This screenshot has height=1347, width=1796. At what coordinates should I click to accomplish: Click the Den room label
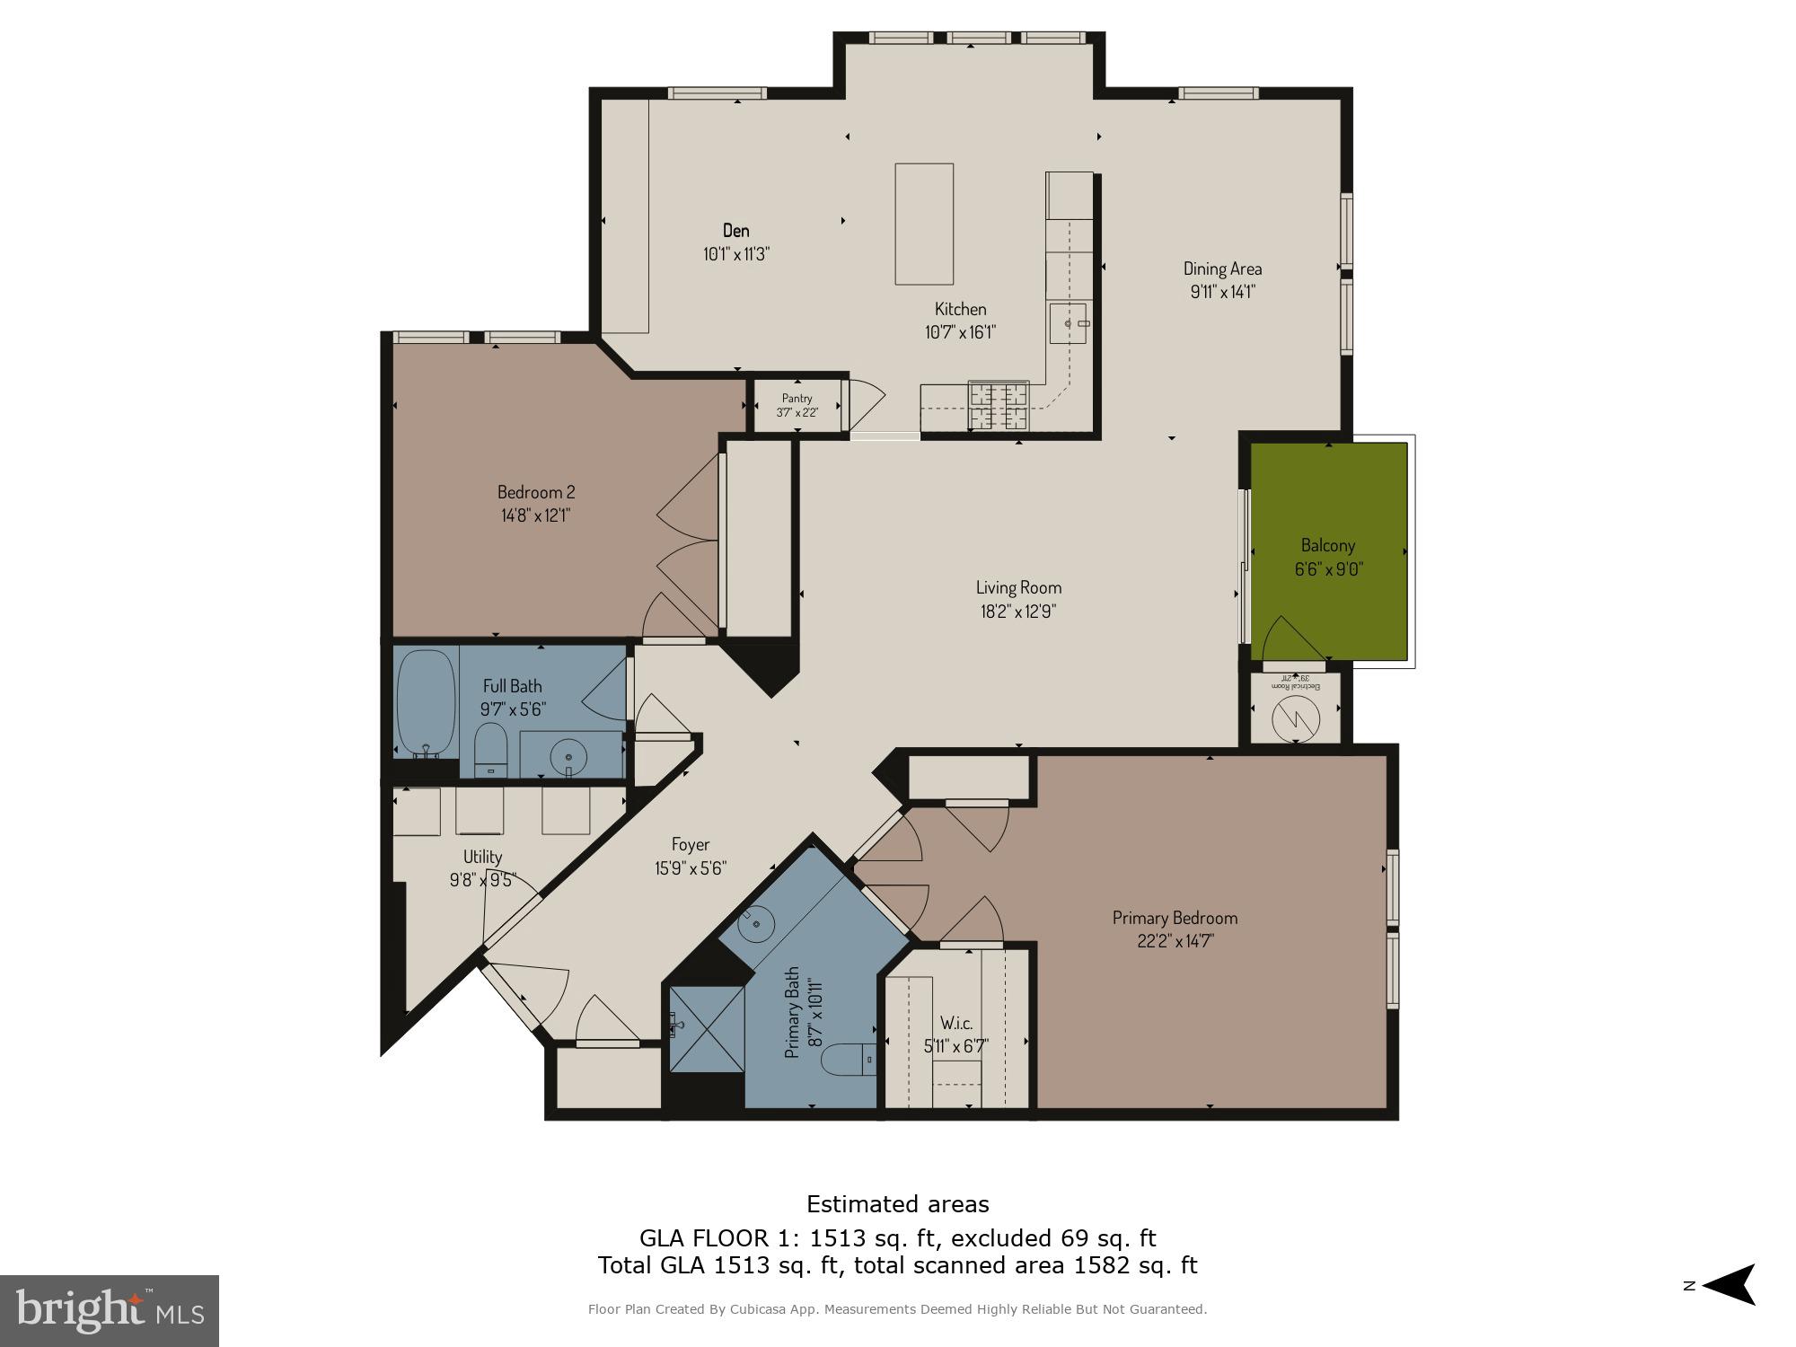735,231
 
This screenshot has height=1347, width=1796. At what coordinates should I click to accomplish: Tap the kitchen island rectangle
923,224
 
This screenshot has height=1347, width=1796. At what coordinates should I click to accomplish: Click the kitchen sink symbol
1069,323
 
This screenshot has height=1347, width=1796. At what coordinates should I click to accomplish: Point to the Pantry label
797,399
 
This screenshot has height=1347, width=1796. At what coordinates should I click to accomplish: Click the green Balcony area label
1327,546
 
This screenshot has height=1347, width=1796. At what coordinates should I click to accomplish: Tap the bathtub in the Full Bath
426,703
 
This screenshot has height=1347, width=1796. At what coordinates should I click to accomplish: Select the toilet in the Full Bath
490,751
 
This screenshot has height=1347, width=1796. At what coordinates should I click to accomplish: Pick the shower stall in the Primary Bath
707,1028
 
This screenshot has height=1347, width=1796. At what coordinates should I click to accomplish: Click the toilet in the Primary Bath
850,1060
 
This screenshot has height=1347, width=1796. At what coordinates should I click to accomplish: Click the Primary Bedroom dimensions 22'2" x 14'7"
1175,941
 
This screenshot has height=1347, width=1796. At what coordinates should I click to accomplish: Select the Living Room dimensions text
1018,612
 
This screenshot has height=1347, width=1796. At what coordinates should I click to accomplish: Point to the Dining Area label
1221,269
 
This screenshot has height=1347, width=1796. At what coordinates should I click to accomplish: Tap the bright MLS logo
110,1310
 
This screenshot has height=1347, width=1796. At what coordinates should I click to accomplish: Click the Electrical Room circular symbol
1296,718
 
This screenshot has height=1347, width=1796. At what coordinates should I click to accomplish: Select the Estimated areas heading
897,1204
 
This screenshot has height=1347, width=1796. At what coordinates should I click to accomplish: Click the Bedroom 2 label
536,492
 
